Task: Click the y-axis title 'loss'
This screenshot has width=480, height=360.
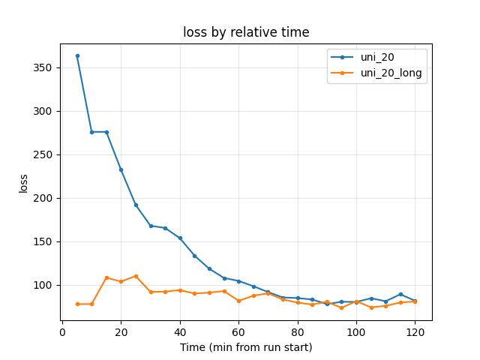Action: (23, 182)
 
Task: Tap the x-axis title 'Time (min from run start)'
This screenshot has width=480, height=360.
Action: (246, 346)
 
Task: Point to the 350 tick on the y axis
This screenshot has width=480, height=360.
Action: (44, 67)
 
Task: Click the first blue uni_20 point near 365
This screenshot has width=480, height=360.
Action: (77, 55)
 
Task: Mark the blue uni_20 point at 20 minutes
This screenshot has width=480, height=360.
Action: (121, 169)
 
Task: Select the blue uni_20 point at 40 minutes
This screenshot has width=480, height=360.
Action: (180, 238)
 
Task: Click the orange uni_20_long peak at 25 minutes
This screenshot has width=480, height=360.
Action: (136, 276)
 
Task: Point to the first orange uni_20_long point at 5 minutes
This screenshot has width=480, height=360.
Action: (77, 304)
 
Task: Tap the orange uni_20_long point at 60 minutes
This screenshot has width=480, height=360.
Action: (238, 301)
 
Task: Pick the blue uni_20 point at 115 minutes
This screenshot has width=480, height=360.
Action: (400, 294)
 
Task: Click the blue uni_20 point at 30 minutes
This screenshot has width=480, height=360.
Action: (151, 226)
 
